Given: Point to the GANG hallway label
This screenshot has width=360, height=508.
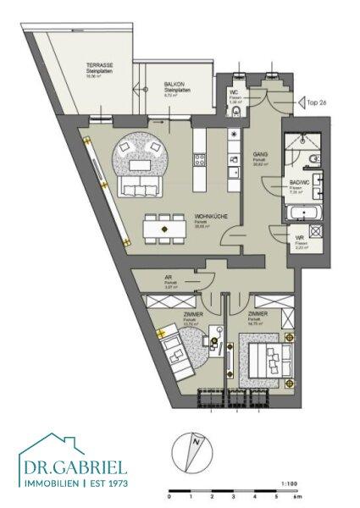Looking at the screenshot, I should click(x=261, y=154).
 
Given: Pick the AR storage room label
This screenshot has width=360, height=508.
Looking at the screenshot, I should click(x=168, y=278).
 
